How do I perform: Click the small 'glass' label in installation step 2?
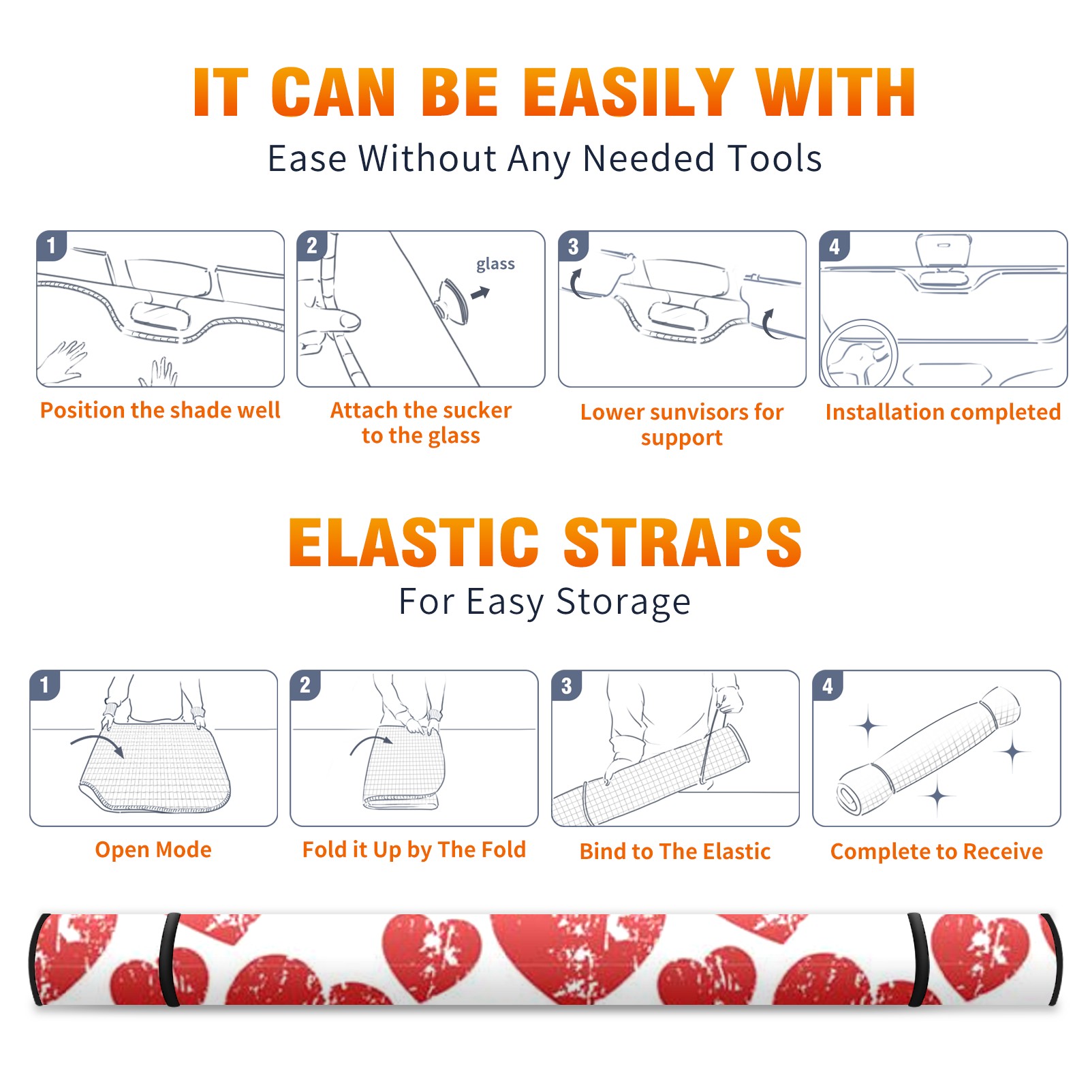point(495,264)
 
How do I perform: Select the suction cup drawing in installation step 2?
point(452,300)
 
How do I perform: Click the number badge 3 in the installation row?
point(574,247)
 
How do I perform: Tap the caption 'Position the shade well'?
point(160,410)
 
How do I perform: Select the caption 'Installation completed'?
point(943,412)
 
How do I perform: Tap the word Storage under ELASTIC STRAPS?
point(623,602)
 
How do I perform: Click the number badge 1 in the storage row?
point(45,685)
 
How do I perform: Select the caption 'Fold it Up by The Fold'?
point(414,850)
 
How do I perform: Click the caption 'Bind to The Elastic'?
point(675,852)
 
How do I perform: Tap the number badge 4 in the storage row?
point(828,685)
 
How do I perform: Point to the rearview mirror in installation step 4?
point(943,250)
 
